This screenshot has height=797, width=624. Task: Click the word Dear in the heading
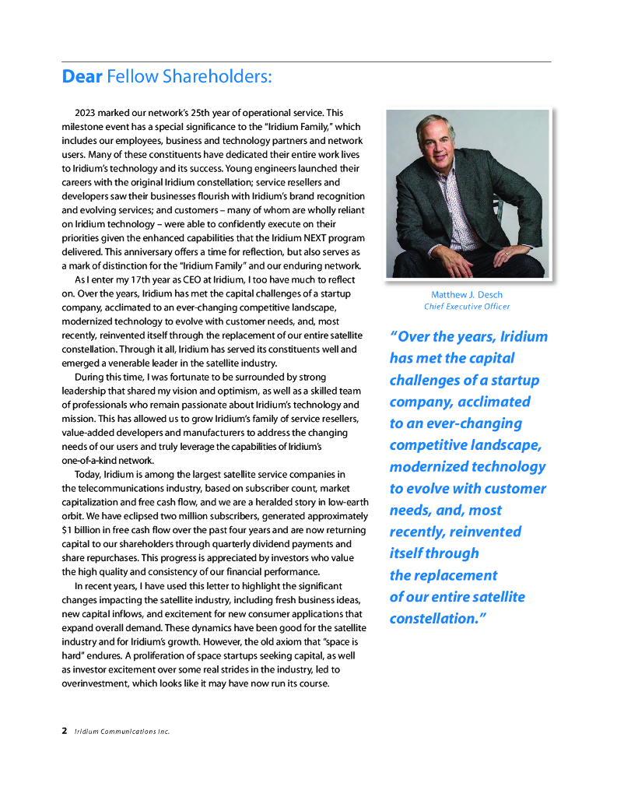[82, 76]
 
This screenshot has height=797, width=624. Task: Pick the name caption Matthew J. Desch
[467, 295]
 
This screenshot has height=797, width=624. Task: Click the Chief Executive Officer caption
[467, 307]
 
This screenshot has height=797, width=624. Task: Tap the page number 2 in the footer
[65, 732]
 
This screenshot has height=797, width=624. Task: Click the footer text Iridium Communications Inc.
[121, 732]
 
